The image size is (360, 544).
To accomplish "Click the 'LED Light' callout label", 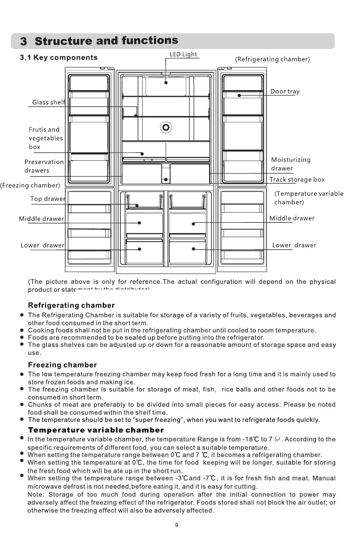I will coord(183,54).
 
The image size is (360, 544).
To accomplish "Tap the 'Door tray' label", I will coord(285,91).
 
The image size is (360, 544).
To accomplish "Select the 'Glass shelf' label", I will coord(49,102).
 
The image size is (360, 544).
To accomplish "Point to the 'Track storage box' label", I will coord(297,180).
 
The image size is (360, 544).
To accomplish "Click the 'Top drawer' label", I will coord(48,199).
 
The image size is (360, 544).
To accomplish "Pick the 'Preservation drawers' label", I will coord(44,166).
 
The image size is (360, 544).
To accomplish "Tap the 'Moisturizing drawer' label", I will coord(290,164).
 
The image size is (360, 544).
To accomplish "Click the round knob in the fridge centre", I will coord(166,127).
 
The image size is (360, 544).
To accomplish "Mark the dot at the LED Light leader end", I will coord(166,82).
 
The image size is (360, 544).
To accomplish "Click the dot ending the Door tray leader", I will coord(239,95).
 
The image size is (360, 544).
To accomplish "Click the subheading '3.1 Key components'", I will coord(59,58).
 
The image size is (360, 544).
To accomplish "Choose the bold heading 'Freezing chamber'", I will coord(63,365).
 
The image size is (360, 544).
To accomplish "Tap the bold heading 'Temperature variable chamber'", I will coord(96,430).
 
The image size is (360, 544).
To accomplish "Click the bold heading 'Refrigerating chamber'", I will coord(71,305).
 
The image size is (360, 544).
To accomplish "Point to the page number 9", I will coord(177,525).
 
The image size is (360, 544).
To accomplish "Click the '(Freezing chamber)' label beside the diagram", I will coord(30,185).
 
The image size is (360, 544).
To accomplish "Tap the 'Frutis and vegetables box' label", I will coord(46,138).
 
